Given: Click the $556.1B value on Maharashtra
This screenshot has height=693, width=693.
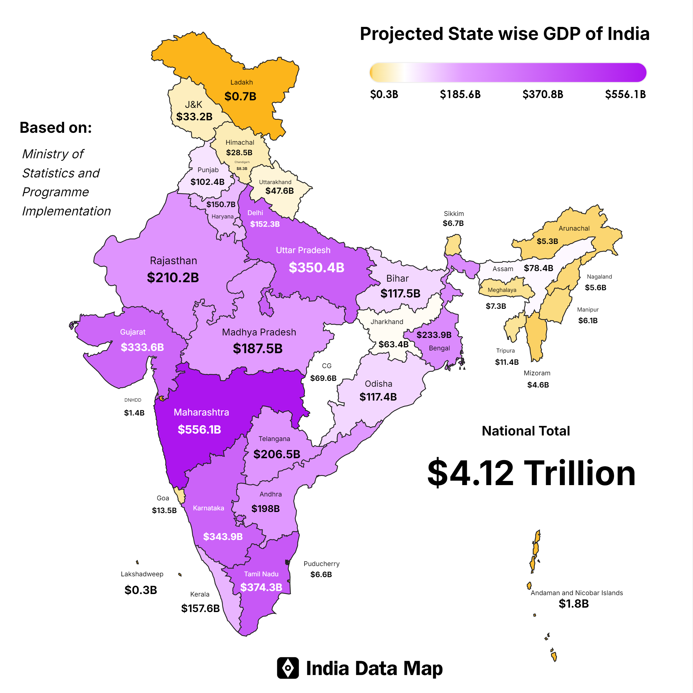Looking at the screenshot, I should (199, 429).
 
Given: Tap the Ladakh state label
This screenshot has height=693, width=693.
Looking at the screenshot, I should (241, 82).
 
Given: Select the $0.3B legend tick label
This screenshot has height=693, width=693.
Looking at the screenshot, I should (384, 94).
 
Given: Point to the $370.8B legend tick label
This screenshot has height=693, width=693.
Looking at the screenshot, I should (542, 94).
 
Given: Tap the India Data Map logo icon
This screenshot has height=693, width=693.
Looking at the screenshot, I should (288, 668).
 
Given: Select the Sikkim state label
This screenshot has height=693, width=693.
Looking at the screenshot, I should (454, 213).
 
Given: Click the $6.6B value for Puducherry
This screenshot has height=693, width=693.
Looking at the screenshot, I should (321, 574).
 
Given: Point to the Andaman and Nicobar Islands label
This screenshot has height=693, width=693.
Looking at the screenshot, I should (576, 593).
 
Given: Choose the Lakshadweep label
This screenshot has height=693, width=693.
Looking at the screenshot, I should (142, 574).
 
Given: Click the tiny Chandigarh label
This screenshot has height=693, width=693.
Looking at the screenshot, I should (242, 162).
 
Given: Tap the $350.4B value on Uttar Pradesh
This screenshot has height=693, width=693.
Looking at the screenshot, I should (316, 267).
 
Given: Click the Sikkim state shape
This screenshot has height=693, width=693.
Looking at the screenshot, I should (453, 245).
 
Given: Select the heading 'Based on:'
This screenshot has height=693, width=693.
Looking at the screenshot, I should (56, 127).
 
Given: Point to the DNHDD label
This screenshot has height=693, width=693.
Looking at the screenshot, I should (133, 400).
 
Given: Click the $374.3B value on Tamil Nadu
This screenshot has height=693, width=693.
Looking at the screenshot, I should (261, 587).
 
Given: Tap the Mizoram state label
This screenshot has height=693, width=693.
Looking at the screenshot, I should (537, 373).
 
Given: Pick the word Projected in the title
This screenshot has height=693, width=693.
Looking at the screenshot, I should (401, 34).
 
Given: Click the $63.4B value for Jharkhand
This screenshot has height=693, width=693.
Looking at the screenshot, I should (394, 344).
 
